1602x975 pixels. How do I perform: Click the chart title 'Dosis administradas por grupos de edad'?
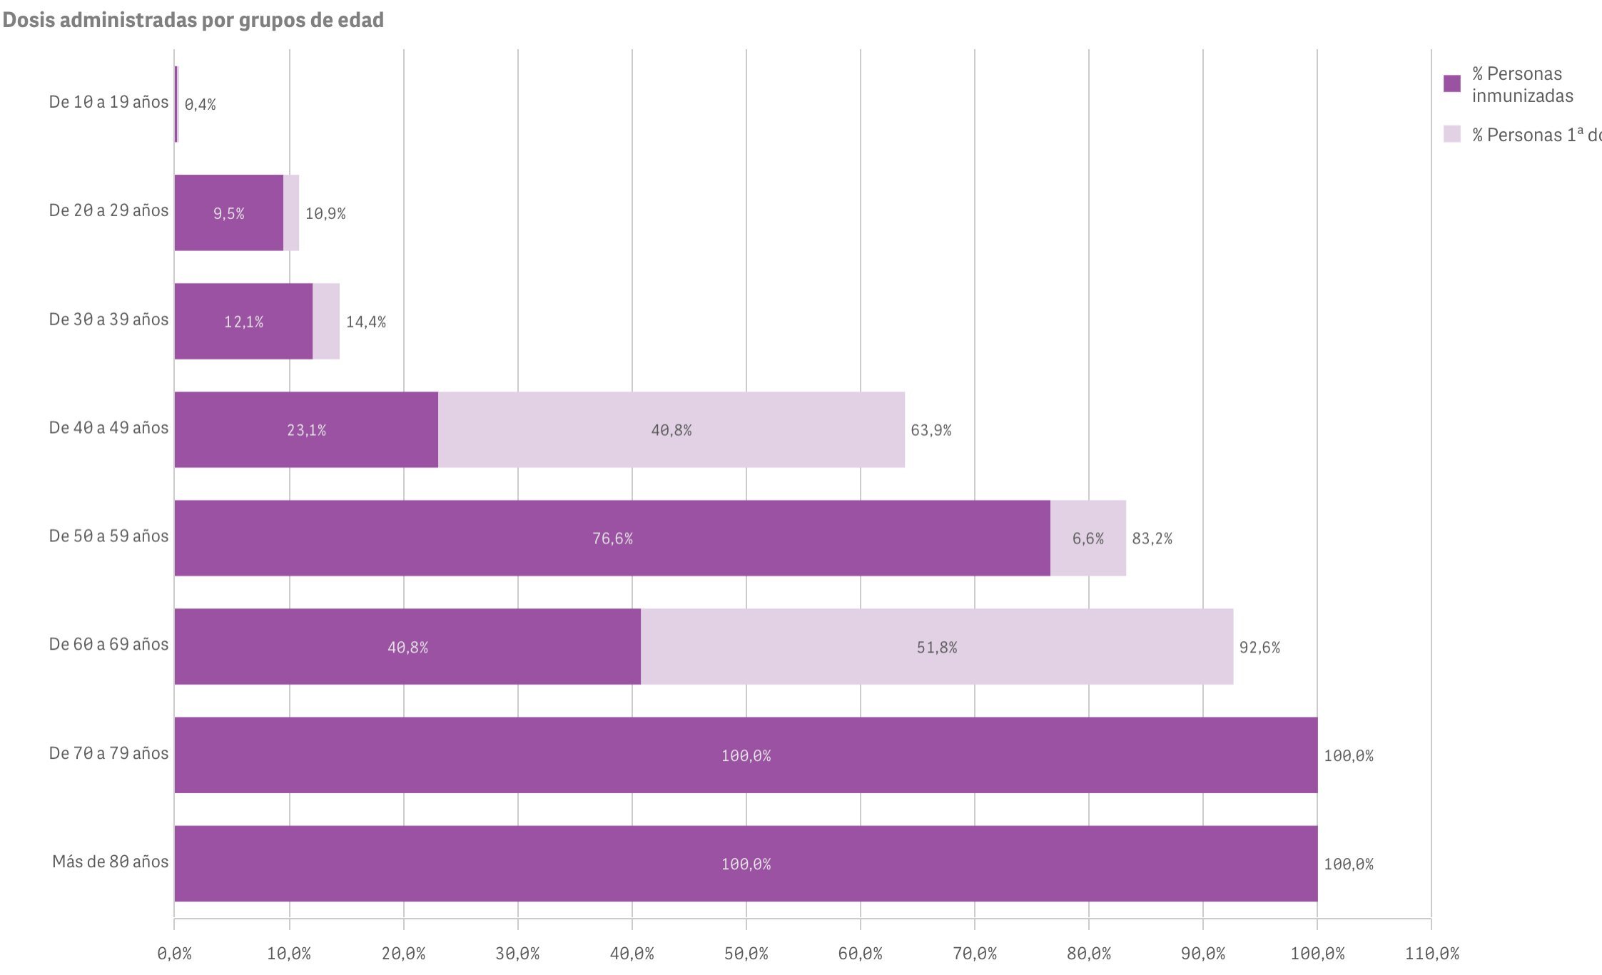pyautogui.click(x=193, y=20)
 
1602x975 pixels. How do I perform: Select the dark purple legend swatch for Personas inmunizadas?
pyautogui.click(x=1451, y=84)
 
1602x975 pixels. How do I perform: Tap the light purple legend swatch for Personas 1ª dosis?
pyautogui.click(x=1451, y=134)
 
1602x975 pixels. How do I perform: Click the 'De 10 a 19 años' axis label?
pyautogui.click(x=108, y=102)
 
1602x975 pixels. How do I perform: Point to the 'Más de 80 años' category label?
pyautogui.click(x=111, y=862)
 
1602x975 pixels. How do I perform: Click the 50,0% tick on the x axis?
pyautogui.click(x=746, y=954)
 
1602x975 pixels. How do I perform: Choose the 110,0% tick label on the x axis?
pyautogui.click(x=1431, y=954)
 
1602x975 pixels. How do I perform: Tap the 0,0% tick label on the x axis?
pyautogui.click(x=175, y=954)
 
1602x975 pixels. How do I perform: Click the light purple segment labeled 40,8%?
pyautogui.click(x=671, y=430)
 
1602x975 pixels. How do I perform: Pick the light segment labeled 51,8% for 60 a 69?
pyautogui.click(x=936, y=647)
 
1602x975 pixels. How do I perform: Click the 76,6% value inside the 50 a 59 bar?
pyautogui.click(x=612, y=538)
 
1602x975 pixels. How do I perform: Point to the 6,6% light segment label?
pyautogui.click(x=1088, y=538)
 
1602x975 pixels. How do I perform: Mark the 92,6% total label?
pyautogui.click(x=1259, y=648)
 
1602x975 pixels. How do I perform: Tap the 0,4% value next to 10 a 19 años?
pyautogui.click(x=200, y=105)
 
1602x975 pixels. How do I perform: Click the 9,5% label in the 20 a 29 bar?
pyautogui.click(x=229, y=213)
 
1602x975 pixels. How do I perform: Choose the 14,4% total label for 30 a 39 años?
pyautogui.click(x=366, y=322)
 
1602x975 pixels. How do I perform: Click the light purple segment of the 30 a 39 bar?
pyautogui.click(x=326, y=321)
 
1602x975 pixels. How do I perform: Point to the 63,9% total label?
pyautogui.click(x=931, y=430)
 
